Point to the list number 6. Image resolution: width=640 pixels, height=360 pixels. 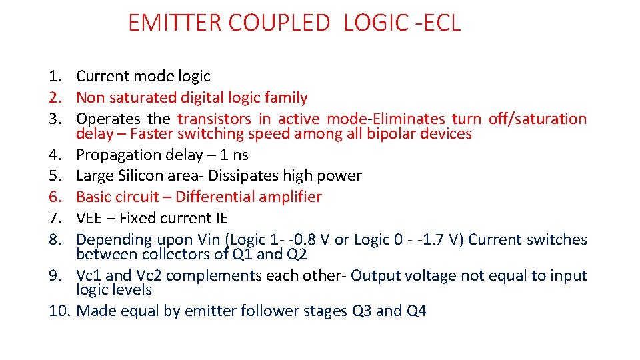coord(57,197)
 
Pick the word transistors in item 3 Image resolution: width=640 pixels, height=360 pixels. coord(214,119)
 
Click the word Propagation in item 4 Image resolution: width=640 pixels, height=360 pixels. coord(114,155)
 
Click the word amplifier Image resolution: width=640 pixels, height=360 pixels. coord(290,197)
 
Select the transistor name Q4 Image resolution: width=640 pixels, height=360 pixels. coord(416,311)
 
